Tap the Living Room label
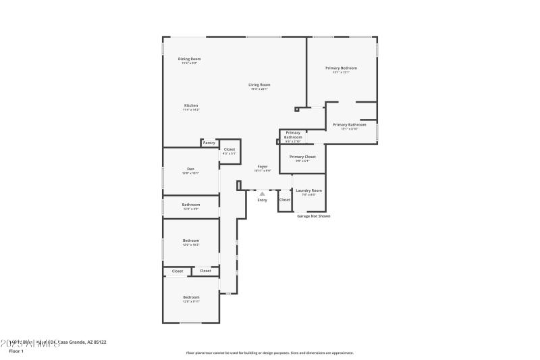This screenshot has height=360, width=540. [259, 84]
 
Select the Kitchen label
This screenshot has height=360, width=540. [191, 106]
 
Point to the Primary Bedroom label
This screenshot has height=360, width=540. [341, 68]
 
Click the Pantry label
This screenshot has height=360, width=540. [209, 143]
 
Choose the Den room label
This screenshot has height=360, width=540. [190, 169]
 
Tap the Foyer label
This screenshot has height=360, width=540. [262, 166]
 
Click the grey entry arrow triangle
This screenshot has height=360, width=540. [262, 194]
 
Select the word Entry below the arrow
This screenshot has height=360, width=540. [262, 200]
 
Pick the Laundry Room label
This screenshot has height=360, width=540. [308, 190]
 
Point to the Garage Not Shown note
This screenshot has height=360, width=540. [314, 216]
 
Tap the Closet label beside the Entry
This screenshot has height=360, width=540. [284, 200]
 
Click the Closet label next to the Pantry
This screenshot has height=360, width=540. [230, 149]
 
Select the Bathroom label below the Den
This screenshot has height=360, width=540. [190, 205]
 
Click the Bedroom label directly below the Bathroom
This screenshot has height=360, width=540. [191, 240]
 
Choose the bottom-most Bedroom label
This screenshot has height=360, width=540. [191, 297]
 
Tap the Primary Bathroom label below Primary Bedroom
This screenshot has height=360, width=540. [350, 124]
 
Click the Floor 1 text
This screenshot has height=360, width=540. [16, 351]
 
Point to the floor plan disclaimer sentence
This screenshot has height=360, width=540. [269, 353]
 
